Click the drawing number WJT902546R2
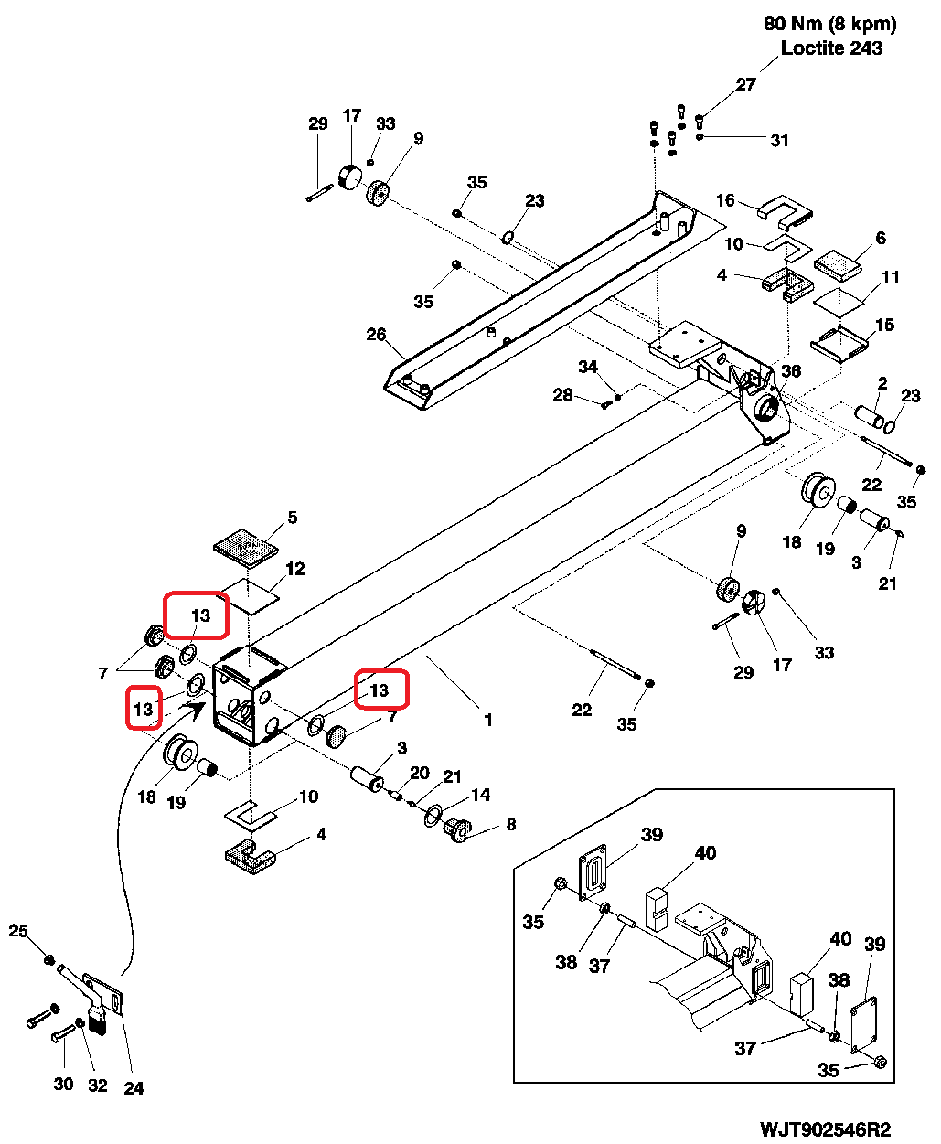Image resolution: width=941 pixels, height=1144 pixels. [x=825, y=1129]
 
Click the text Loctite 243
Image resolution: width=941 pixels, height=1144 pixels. [x=831, y=48]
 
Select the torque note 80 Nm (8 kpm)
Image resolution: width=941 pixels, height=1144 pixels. [x=830, y=24]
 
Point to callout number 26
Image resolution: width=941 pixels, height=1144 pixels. [x=377, y=335]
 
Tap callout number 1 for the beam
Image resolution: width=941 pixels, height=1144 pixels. [x=488, y=720]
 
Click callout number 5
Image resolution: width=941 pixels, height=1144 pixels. [x=293, y=518]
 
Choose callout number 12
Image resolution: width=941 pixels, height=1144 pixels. [x=295, y=569]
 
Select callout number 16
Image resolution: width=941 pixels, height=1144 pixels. [x=725, y=200]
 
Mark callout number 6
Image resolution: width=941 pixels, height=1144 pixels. [x=881, y=238]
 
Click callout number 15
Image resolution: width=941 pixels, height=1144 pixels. [x=884, y=325]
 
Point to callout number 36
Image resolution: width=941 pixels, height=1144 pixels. [x=791, y=370]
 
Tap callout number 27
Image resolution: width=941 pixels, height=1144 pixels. [x=746, y=84]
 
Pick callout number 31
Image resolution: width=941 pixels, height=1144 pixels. [x=779, y=140]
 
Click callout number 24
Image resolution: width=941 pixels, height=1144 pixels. [x=134, y=1088]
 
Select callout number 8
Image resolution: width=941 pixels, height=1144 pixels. [x=511, y=825]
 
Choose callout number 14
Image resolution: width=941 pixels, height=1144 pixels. [x=481, y=795]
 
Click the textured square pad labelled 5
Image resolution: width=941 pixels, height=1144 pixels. [x=246, y=548]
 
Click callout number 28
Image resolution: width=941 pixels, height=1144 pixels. [x=562, y=395]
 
